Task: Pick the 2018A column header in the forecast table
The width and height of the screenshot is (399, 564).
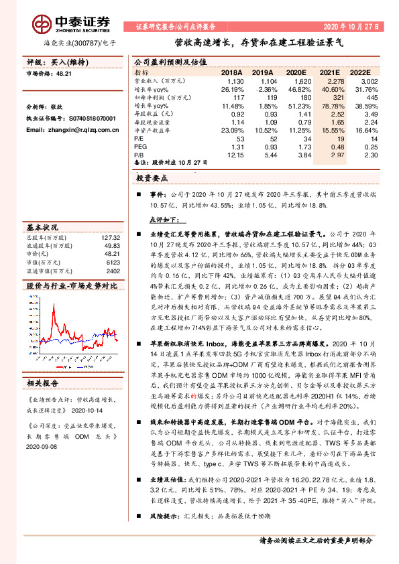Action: pyautogui.click(x=231, y=71)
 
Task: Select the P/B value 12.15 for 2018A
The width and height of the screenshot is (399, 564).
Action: pyautogui.click(x=233, y=154)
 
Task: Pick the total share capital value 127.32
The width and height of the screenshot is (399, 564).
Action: pyautogui.click(x=111, y=237)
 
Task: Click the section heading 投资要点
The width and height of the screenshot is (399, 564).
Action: pyautogui.click(x=151, y=180)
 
